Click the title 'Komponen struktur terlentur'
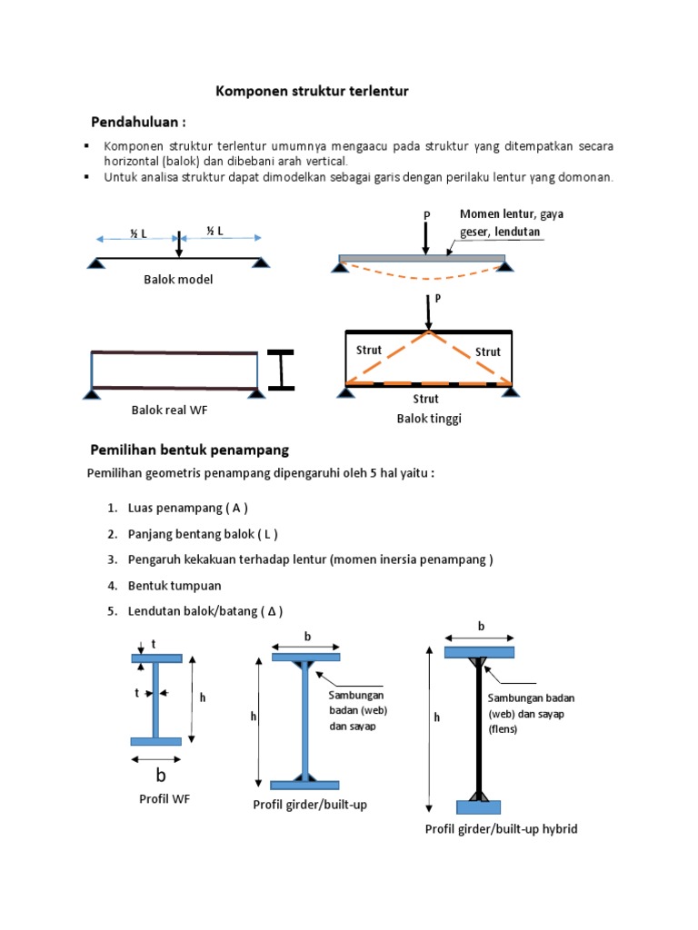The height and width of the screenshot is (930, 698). pos(312,91)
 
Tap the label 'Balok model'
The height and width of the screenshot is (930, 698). pos(178,280)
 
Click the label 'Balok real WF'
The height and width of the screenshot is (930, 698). pos(170,411)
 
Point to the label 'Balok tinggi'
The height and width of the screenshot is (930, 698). pos(423,418)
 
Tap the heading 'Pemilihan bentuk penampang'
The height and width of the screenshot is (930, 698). pos(189,450)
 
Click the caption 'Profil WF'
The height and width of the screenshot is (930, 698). pos(164,799)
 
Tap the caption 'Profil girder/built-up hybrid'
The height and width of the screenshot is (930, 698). pos(501,829)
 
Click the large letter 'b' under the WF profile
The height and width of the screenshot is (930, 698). pos(161,776)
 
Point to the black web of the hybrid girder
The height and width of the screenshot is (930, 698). pos(478,727)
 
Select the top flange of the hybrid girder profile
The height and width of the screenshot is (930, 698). pos(479,652)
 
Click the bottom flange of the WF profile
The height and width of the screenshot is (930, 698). pos(155,741)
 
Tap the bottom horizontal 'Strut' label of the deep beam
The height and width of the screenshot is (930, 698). pos(425,399)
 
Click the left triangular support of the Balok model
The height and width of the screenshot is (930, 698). pos(95,262)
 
